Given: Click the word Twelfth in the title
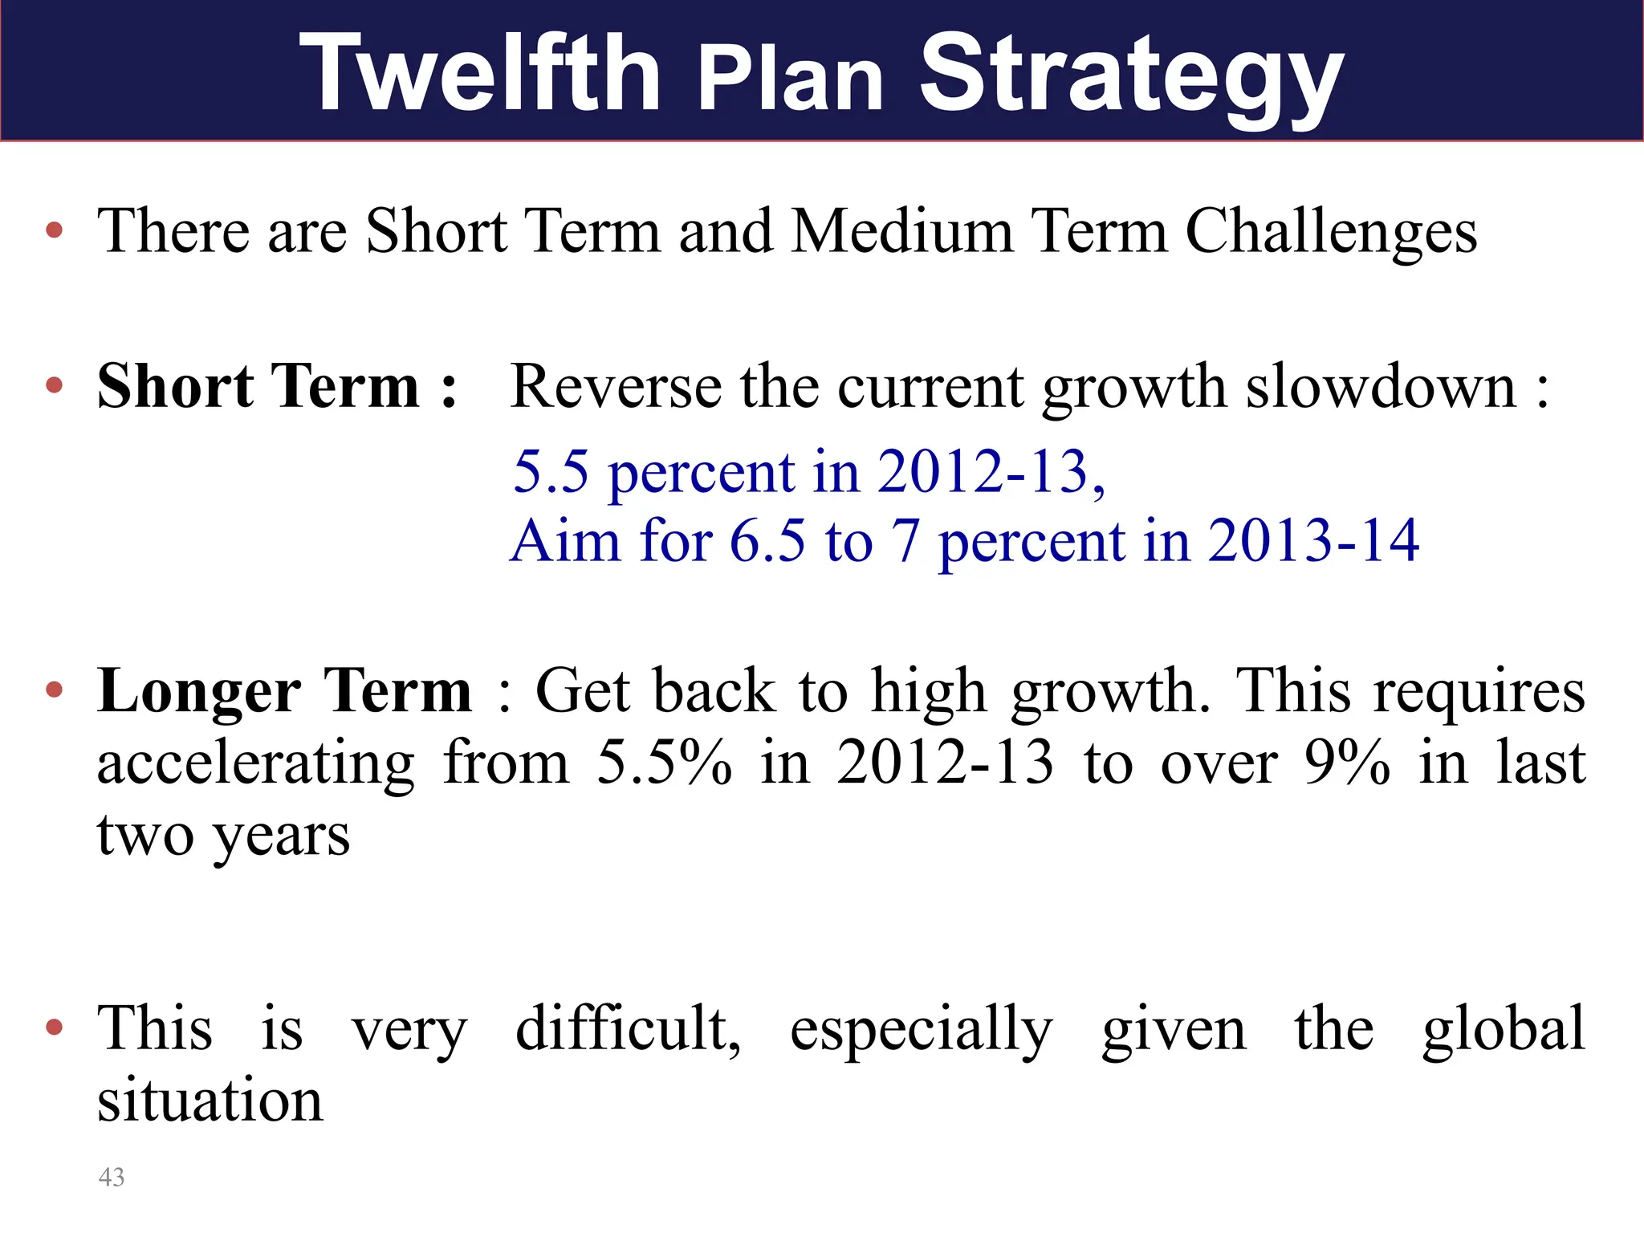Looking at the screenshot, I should point(479,74).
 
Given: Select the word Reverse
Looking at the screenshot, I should point(616,387).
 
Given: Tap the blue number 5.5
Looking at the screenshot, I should point(551,471).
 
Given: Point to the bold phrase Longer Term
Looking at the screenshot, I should point(284,691).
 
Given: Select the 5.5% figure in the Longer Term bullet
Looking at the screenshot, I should point(664,763).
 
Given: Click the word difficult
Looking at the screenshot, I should point(627,1029).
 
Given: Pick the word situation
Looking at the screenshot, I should point(210,1101).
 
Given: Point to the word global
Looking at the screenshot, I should point(1504,1029).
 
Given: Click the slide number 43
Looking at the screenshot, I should point(112,1177).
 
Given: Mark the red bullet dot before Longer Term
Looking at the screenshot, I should point(55,690).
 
